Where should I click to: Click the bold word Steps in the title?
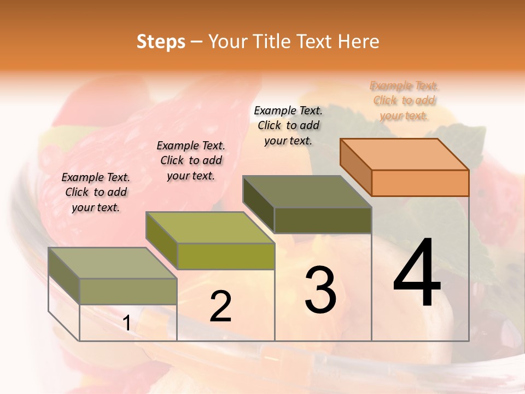(x=161, y=42)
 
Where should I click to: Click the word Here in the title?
(x=358, y=42)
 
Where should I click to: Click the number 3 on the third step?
(x=320, y=289)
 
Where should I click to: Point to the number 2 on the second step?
(x=221, y=306)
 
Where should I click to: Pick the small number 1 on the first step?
(x=127, y=323)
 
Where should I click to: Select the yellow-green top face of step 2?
(x=210, y=228)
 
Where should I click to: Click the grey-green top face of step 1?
(x=113, y=263)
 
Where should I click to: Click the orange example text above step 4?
(x=404, y=101)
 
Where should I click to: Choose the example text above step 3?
(x=288, y=125)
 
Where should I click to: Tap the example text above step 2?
(x=191, y=160)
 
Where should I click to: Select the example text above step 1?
(x=96, y=192)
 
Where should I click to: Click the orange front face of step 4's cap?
(x=420, y=183)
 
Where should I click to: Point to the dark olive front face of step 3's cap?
(x=323, y=220)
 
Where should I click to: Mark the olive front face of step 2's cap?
(x=226, y=256)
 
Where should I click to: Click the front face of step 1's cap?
(x=128, y=291)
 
